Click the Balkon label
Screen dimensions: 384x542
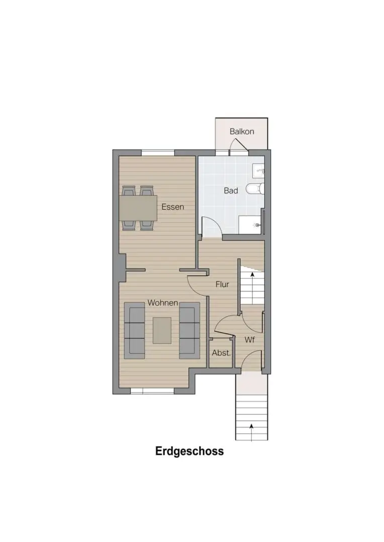(242, 131)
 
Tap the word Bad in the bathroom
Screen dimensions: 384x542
(231, 191)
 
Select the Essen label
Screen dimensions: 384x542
(173, 207)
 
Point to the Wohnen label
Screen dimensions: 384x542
(163, 303)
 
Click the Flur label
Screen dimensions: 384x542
(222, 284)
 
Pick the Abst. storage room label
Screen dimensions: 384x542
(221, 353)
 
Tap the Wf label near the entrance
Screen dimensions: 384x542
(250, 340)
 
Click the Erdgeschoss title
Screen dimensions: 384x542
(189, 452)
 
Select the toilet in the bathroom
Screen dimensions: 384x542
(255, 189)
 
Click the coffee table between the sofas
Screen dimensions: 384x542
(162, 330)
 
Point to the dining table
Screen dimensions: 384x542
(138, 208)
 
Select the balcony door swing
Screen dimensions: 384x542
(239, 145)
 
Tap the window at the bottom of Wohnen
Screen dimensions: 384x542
(152, 391)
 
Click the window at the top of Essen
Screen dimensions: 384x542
(158, 153)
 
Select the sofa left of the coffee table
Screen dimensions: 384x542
(134, 330)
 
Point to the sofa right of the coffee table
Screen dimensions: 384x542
(189, 330)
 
